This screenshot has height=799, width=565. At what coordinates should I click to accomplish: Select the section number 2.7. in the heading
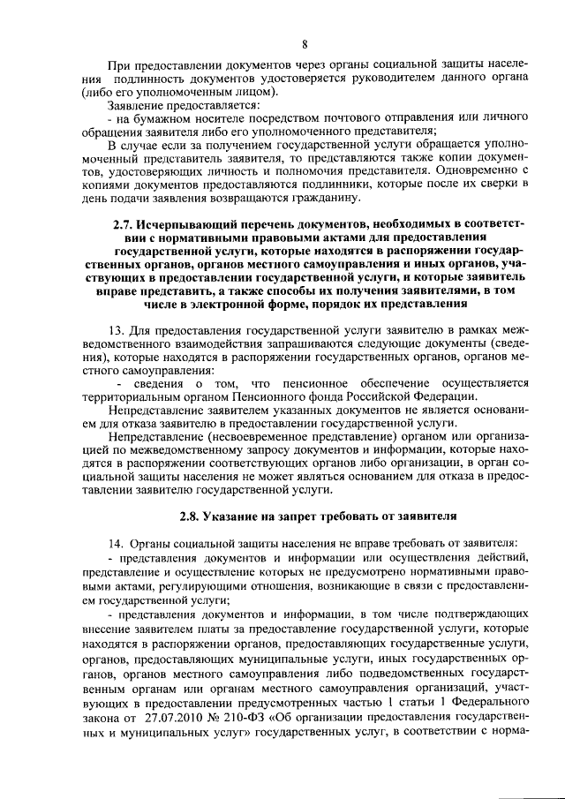click(x=125, y=224)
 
